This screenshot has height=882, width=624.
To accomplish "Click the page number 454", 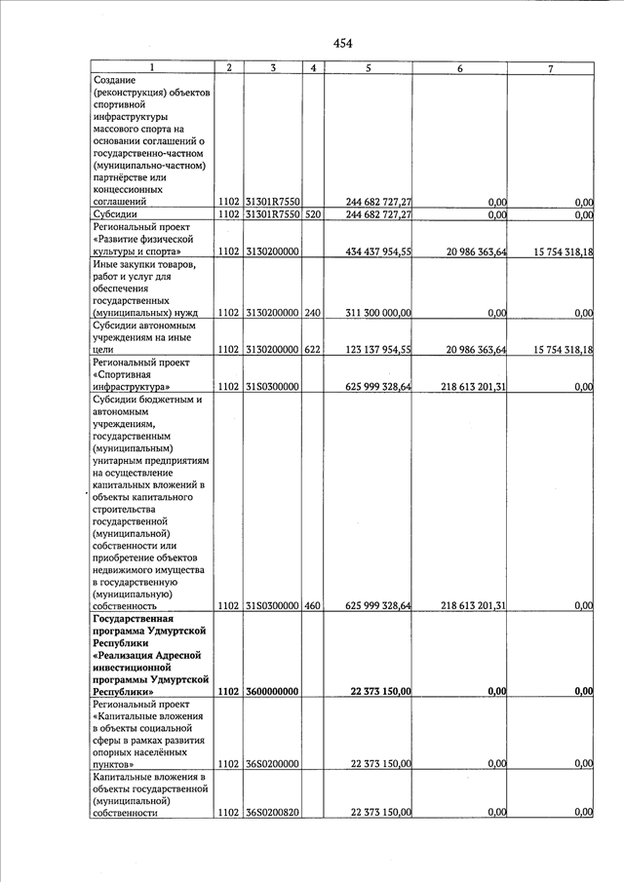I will click(342, 43).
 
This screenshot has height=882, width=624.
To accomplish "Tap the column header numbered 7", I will click(551, 68).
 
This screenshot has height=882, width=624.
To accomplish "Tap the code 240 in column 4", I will click(313, 313).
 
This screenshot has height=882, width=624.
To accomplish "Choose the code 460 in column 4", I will click(313, 605).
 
